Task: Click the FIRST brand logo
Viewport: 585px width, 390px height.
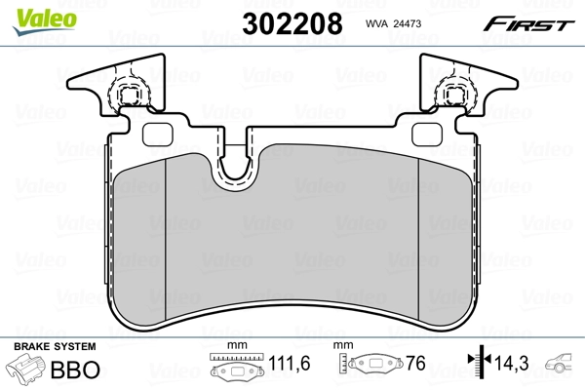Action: (x=536, y=23)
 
